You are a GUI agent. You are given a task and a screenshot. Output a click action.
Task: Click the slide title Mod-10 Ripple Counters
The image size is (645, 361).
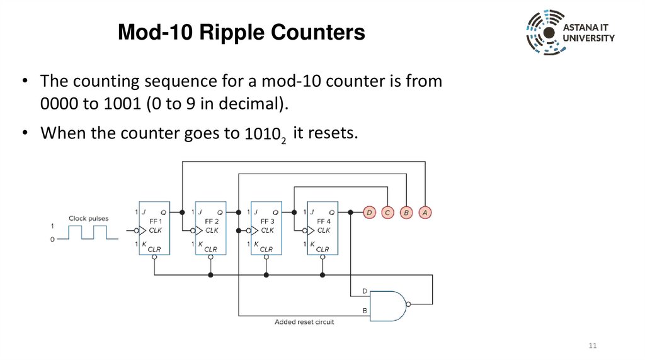(x=241, y=32)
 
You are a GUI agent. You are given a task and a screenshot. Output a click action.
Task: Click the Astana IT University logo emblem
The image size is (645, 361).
(x=545, y=32)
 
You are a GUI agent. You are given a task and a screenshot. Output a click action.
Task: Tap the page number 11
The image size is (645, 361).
(x=592, y=347)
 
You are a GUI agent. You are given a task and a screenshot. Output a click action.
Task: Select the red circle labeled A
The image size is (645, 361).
(x=426, y=213)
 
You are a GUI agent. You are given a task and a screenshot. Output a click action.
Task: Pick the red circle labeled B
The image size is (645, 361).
(x=407, y=213)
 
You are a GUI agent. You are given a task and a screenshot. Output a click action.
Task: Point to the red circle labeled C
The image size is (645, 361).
(x=388, y=213)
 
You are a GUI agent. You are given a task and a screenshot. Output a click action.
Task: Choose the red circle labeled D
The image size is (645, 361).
(x=369, y=213)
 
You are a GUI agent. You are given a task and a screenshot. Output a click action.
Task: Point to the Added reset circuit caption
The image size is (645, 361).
(x=304, y=322)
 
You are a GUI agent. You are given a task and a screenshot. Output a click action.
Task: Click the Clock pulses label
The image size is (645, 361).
(x=89, y=218)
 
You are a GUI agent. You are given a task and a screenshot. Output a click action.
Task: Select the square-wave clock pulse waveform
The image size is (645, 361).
(x=94, y=233)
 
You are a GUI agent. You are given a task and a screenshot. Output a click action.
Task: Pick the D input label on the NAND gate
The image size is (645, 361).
(x=365, y=291)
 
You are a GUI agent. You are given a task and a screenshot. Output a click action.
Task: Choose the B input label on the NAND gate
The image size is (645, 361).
(x=365, y=311)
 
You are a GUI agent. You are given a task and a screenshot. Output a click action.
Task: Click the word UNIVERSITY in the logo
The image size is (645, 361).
(x=589, y=38)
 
